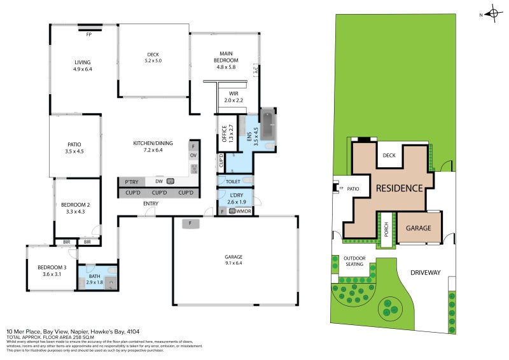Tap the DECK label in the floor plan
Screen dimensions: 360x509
pos(153,55)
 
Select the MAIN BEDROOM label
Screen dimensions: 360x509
pos(226,57)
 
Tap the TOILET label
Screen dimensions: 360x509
pos(234,181)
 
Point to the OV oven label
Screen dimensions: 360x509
pos(193,155)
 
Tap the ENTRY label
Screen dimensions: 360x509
pos(151,204)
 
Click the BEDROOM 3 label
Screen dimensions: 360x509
pos(52,267)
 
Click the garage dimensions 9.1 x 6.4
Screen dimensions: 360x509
pos(234,262)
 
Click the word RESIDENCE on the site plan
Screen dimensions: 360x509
pos(399,188)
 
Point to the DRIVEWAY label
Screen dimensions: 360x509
pos(425,272)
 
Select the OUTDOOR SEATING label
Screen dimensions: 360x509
pos(354,261)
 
